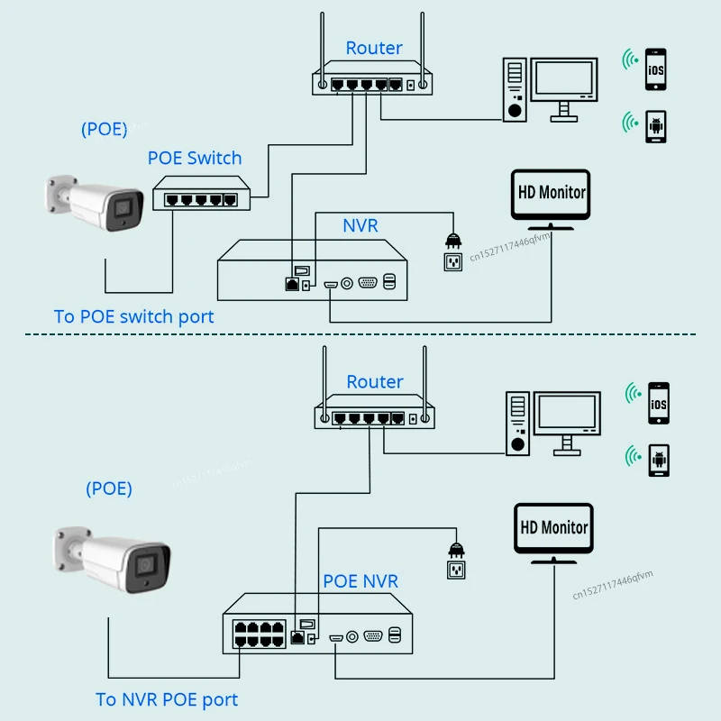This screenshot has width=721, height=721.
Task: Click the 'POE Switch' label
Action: click(195, 159)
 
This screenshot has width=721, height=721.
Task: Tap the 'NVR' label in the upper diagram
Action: click(360, 226)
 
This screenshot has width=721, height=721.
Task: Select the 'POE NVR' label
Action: click(360, 581)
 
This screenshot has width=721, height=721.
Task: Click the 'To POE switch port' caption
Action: click(133, 317)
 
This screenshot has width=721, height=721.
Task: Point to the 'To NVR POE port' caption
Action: click(167, 700)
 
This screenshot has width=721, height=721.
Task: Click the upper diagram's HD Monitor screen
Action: click(551, 194)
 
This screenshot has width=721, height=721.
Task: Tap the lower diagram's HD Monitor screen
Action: click(553, 528)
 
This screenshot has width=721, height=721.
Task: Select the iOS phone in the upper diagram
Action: click(656, 69)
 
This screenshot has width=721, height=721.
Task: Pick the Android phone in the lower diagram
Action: click(659, 461)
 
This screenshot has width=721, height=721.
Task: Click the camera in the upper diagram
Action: click(95, 202)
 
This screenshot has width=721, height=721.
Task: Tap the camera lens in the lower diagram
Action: click(146, 565)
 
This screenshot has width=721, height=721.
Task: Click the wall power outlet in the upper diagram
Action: click(453, 262)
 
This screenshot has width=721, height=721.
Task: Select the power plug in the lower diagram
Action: click(456, 550)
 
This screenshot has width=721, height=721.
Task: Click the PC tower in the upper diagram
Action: click(515, 89)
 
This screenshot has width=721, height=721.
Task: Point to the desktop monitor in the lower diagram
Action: click(567, 423)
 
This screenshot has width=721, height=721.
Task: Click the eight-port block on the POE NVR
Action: click(259, 634)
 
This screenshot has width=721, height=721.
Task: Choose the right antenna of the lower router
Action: click(424, 385)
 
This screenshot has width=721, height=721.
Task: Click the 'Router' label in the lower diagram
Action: click(375, 382)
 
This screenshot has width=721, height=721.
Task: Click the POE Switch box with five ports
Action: click(201, 193)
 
